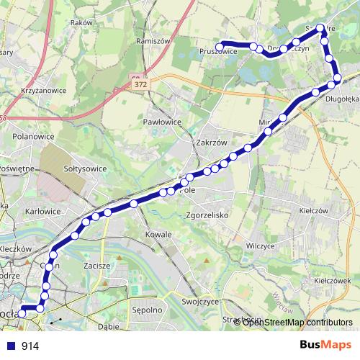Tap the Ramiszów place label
[x=153, y=41]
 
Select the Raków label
[x=81, y=23]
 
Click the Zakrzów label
[x=211, y=143]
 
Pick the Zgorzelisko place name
[x=206, y=215]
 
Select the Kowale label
[x=158, y=235]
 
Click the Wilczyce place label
[x=261, y=246]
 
